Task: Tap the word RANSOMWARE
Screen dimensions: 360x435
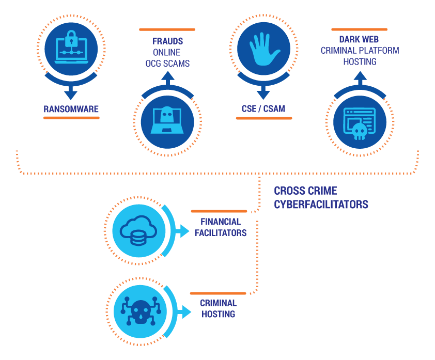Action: (71, 109)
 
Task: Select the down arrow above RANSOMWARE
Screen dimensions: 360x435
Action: (71, 93)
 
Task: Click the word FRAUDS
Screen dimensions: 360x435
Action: (167, 41)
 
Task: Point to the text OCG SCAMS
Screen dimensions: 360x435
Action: (167, 64)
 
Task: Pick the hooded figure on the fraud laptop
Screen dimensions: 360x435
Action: (167, 115)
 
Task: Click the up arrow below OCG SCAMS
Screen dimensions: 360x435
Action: (167, 78)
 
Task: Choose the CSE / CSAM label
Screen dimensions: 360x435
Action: (263, 108)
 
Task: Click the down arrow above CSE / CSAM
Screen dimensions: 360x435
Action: (263, 93)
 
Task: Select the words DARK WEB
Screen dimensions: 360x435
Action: (360, 39)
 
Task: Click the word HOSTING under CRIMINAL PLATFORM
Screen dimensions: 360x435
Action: (360, 61)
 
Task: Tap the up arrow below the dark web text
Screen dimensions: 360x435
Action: (360, 78)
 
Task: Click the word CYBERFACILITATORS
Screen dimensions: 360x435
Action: (321, 205)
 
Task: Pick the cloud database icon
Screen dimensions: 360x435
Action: (138, 230)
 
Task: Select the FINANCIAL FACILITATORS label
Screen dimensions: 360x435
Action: (221, 227)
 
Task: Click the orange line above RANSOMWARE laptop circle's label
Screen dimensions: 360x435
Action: (71, 118)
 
